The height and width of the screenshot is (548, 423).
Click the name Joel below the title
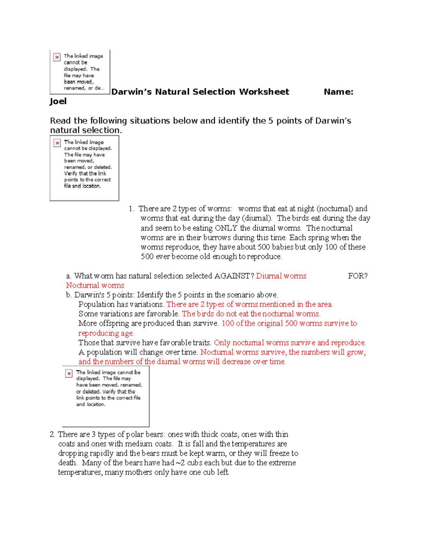pyautogui.click(x=58, y=101)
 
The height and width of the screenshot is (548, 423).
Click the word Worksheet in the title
pyautogui.click(x=264, y=92)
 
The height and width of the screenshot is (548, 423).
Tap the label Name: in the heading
pyautogui.click(x=338, y=92)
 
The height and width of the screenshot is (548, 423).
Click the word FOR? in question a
pyautogui.click(x=357, y=276)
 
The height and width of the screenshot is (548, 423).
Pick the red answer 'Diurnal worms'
pyautogui.click(x=281, y=276)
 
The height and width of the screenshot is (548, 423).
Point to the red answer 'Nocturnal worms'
pyautogui.click(x=95, y=285)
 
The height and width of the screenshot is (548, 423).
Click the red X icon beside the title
pyautogui.click(x=57, y=57)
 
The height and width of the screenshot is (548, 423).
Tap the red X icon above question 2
pyautogui.click(x=69, y=373)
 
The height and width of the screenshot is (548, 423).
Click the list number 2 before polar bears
pyautogui.click(x=52, y=434)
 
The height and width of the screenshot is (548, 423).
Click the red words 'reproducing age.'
pyautogui.click(x=106, y=333)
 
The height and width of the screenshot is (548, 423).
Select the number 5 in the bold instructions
pyautogui.click(x=271, y=121)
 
